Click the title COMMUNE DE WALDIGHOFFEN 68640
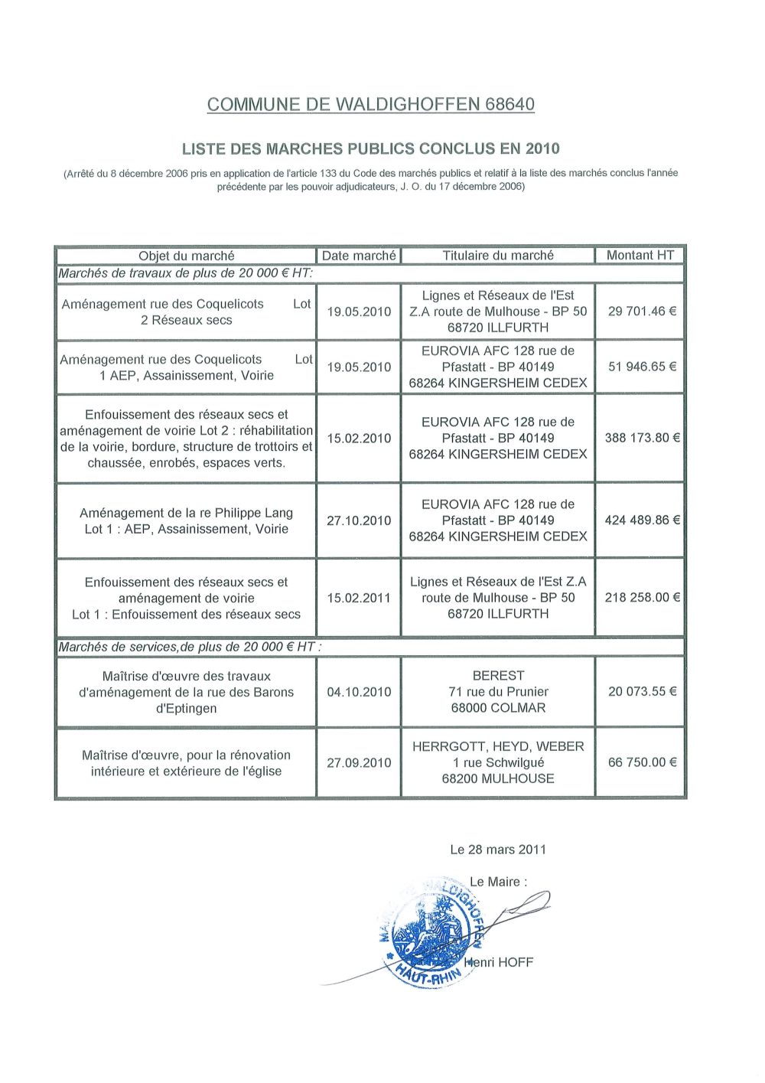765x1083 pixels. (x=370, y=105)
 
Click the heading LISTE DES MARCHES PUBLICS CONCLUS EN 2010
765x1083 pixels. (x=370, y=148)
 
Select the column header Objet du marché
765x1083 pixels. (x=186, y=256)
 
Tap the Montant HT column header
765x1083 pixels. (x=640, y=255)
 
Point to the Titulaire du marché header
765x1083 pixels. (x=498, y=255)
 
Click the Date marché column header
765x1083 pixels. (x=359, y=256)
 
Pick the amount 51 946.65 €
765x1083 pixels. (x=642, y=367)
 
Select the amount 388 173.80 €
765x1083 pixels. (x=642, y=438)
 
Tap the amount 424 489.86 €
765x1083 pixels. (x=642, y=520)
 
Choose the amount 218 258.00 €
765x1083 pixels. (x=642, y=598)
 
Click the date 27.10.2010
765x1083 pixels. (x=359, y=520)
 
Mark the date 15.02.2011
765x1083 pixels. (x=359, y=598)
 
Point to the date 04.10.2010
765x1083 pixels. (x=359, y=692)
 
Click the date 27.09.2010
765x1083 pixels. (x=359, y=763)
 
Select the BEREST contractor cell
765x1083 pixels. (x=498, y=692)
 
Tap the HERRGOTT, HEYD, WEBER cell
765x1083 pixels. (x=498, y=762)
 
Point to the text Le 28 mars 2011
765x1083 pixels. (x=498, y=850)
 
